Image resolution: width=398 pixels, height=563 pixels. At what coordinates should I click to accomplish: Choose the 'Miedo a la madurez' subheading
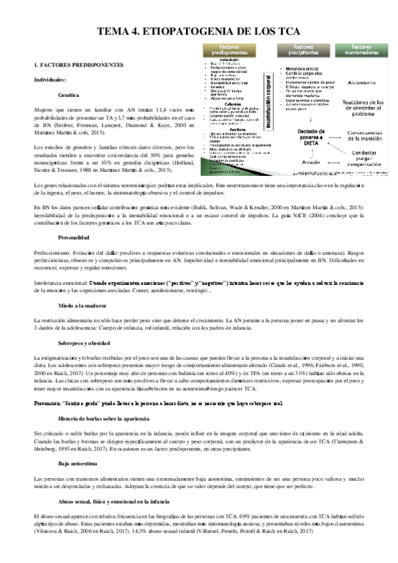click(84, 305)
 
